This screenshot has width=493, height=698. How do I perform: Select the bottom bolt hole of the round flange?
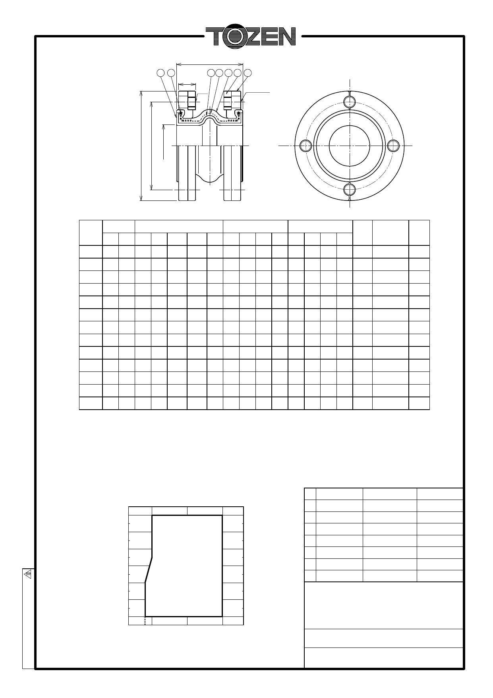[349, 190]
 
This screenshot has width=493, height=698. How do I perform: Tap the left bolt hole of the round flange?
[305, 146]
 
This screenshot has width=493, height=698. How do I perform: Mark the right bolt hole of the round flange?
[393, 146]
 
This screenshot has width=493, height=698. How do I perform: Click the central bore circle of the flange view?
[349, 146]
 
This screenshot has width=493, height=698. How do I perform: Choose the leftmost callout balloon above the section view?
[160, 73]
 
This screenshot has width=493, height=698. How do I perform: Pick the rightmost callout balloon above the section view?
[247, 73]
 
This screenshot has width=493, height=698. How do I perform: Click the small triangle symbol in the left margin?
[28, 574]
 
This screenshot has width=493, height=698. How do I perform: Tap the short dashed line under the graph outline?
[145, 621]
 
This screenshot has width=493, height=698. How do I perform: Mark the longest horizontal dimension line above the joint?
[209, 63]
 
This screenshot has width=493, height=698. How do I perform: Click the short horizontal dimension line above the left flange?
[187, 84]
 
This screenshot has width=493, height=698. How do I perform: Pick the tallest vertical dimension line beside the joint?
[142, 146]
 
